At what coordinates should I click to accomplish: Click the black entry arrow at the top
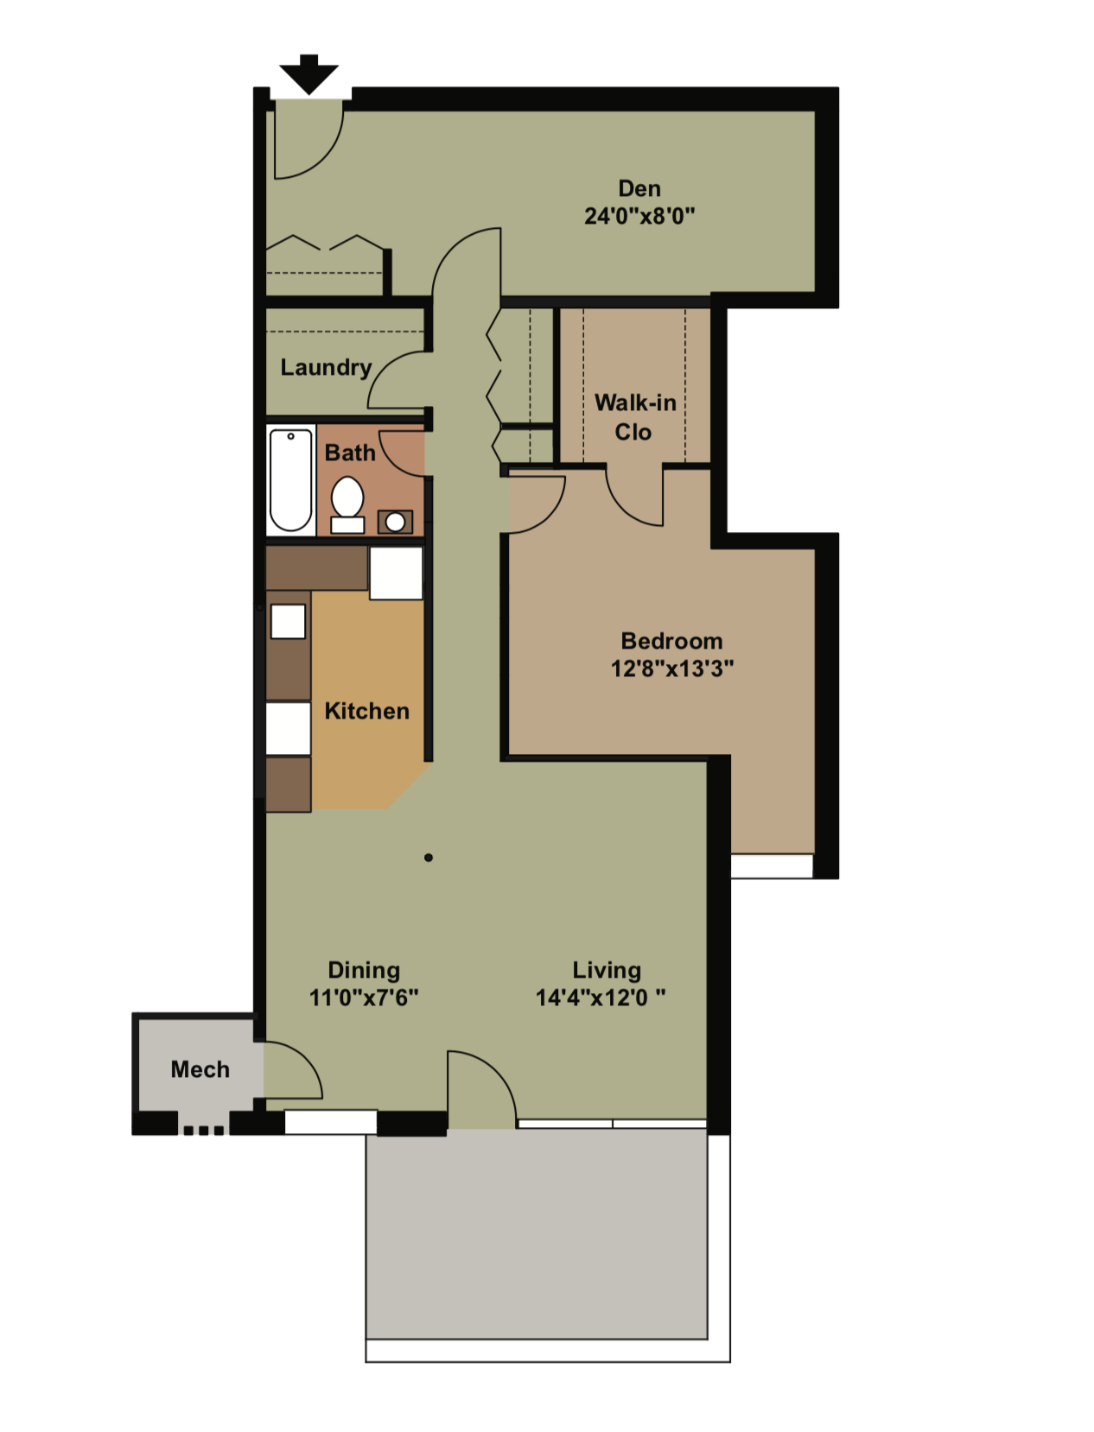click(308, 73)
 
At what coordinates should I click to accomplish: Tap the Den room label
click(639, 188)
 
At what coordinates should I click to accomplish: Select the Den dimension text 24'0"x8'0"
click(639, 216)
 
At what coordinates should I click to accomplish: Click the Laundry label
click(326, 367)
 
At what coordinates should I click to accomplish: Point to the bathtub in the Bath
click(290, 479)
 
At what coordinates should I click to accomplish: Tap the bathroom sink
click(395, 522)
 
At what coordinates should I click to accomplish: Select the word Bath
click(350, 453)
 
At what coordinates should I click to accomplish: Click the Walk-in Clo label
click(635, 417)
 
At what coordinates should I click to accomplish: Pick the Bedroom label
click(671, 641)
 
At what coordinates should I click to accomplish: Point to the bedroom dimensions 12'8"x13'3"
click(671, 668)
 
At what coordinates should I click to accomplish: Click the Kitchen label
click(366, 711)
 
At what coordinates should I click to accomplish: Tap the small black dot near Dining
click(429, 858)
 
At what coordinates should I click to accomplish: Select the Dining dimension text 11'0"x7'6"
click(364, 998)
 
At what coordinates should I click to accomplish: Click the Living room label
click(607, 970)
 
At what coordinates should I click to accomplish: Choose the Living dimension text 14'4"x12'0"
click(601, 998)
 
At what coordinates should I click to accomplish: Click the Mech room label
click(200, 1069)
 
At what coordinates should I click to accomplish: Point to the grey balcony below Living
click(536, 1235)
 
